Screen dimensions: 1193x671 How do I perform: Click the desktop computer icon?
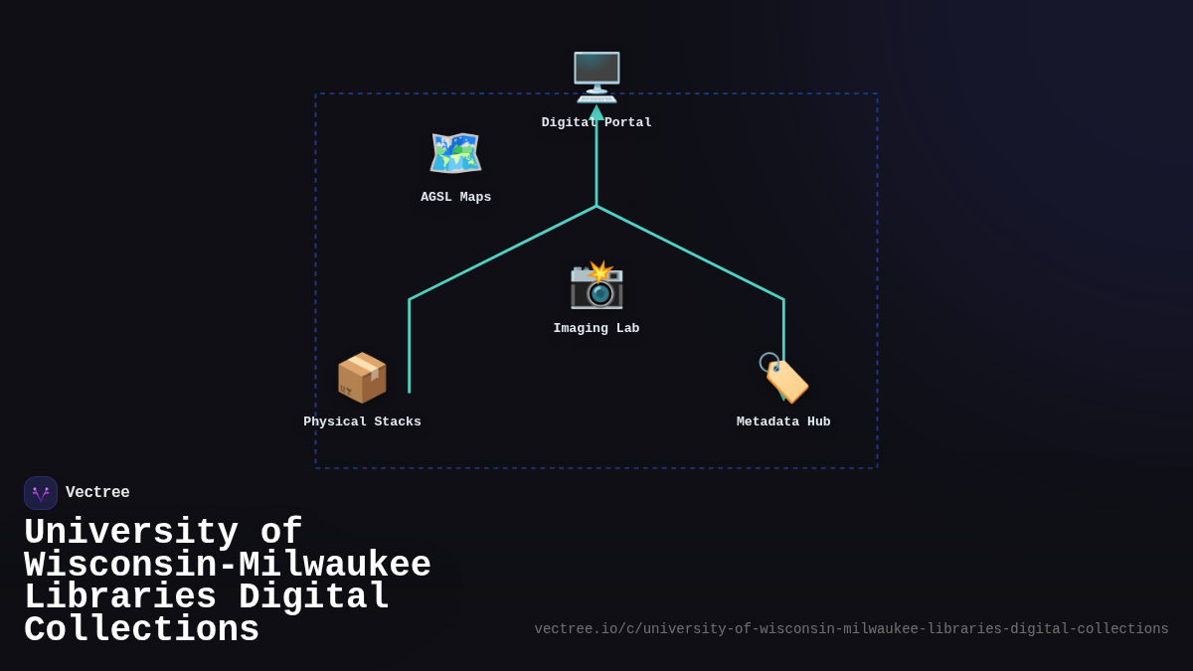click(x=596, y=78)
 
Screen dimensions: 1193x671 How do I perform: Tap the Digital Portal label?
click(x=596, y=122)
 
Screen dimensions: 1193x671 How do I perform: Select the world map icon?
click(x=456, y=153)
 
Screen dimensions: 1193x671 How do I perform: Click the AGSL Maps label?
click(x=456, y=197)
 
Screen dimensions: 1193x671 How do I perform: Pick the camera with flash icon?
click(x=596, y=285)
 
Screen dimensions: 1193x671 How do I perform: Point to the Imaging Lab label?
click(x=596, y=328)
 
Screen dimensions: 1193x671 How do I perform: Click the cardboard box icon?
click(x=362, y=378)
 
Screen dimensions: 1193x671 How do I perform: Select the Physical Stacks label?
click(x=362, y=421)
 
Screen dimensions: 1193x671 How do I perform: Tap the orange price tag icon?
click(x=784, y=378)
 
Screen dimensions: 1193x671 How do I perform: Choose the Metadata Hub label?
click(x=783, y=421)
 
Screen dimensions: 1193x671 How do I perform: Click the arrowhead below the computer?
click(x=596, y=112)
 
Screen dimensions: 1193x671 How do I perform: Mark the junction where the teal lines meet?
click(x=596, y=206)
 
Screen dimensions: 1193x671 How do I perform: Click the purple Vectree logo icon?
click(x=41, y=493)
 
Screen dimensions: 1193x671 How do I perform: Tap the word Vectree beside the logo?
click(x=97, y=492)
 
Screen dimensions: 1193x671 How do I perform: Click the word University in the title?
click(x=131, y=532)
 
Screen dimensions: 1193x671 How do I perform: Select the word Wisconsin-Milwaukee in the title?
click(x=228, y=565)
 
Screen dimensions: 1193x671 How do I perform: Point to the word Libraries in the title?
click(x=120, y=596)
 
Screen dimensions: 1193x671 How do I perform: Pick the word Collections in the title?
click(x=141, y=629)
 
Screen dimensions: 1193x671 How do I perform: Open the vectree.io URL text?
click(x=852, y=629)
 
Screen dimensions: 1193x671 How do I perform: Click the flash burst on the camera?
click(x=600, y=271)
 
